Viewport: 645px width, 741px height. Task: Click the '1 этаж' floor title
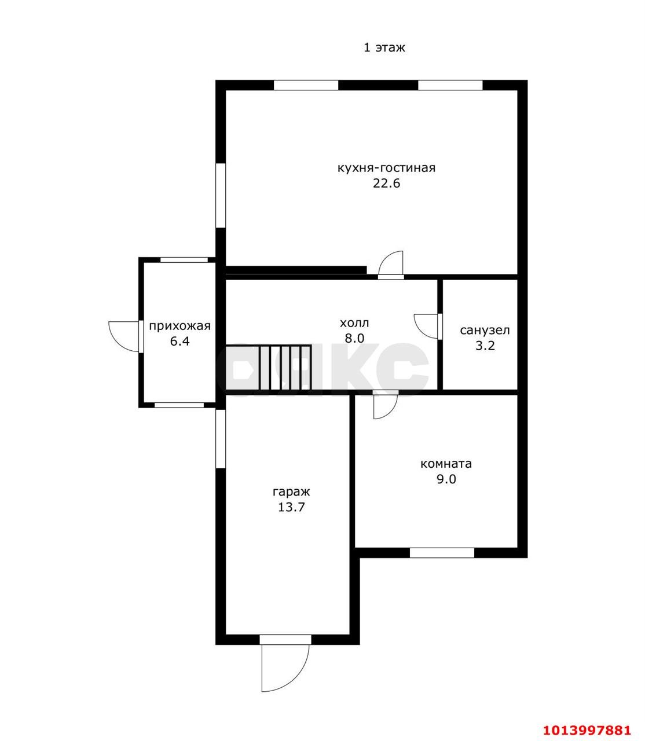(x=384, y=48)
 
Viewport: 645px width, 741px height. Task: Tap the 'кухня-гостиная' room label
(x=386, y=168)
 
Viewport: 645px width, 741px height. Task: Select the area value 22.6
(x=386, y=184)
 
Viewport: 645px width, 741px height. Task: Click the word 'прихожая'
(x=179, y=327)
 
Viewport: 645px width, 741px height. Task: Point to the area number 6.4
(x=179, y=342)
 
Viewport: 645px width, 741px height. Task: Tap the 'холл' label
(x=354, y=322)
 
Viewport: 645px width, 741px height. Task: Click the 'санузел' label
(x=485, y=331)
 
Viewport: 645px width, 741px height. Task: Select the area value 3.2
(x=485, y=346)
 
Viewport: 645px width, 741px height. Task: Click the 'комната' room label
(x=446, y=464)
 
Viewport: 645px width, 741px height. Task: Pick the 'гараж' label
(x=291, y=492)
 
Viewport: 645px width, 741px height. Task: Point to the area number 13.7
(x=291, y=507)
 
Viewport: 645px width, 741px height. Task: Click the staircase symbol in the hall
(x=268, y=368)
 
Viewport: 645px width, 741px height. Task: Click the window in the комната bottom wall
(x=442, y=553)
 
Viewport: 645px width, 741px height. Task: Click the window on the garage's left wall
(x=221, y=439)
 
